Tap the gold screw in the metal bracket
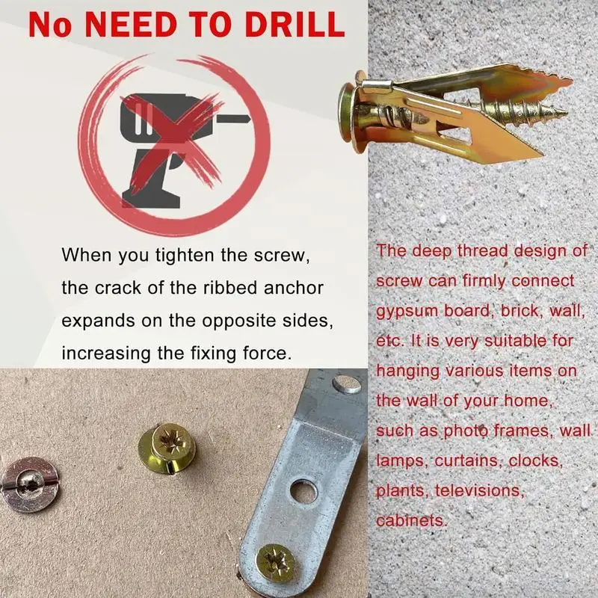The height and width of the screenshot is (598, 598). [x=275, y=563]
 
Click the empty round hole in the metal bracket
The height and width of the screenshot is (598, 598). [x=303, y=492]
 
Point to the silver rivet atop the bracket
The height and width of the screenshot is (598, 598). [x=347, y=384]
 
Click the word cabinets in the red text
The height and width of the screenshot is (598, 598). [x=410, y=520]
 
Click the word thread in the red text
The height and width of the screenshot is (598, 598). [x=482, y=251]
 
